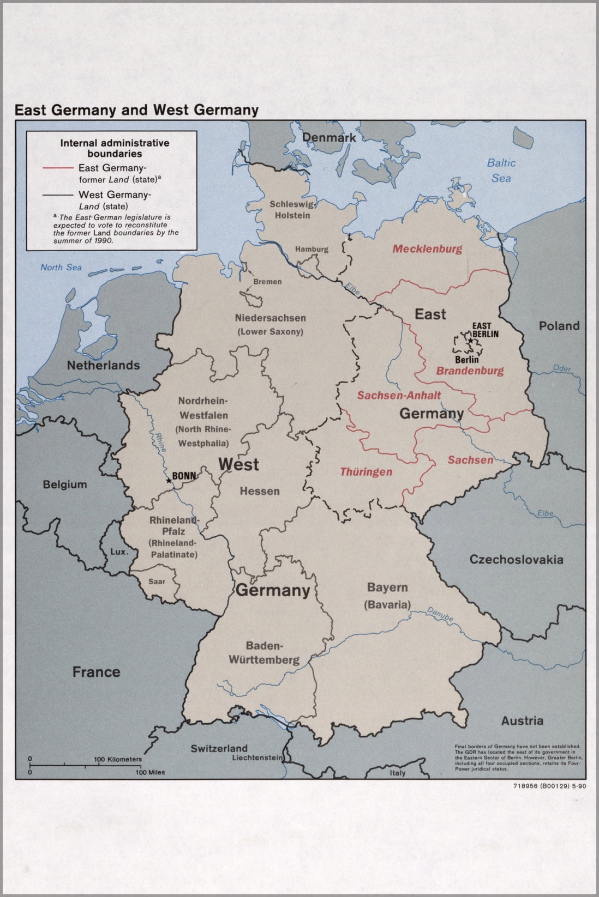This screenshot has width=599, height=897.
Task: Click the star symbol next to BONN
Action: click(168, 480)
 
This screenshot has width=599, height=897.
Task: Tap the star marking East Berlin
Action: click(470, 340)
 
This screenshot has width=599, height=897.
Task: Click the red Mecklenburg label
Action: click(427, 249)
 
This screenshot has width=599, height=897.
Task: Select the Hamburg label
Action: click(312, 249)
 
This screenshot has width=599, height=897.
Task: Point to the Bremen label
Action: click(267, 282)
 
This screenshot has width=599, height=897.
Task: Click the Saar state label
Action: click(157, 581)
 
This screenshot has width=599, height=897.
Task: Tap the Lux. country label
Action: click(119, 551)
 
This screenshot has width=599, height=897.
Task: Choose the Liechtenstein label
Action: click(257, 757)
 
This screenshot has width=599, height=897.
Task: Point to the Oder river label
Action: click(562, 368)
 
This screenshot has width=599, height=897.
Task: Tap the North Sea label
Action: click(61, 267)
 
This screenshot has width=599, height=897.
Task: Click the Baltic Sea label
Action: click(501, 170)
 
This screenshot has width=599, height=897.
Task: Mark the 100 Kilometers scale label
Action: click(117, 759)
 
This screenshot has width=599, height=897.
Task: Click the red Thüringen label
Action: click(366, 472)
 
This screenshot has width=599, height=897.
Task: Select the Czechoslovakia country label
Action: click(516, 559)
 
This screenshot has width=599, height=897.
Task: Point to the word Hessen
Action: click(260, 491)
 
